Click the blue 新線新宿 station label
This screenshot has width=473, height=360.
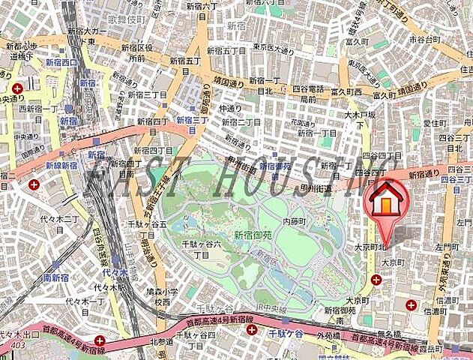(61, 166)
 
